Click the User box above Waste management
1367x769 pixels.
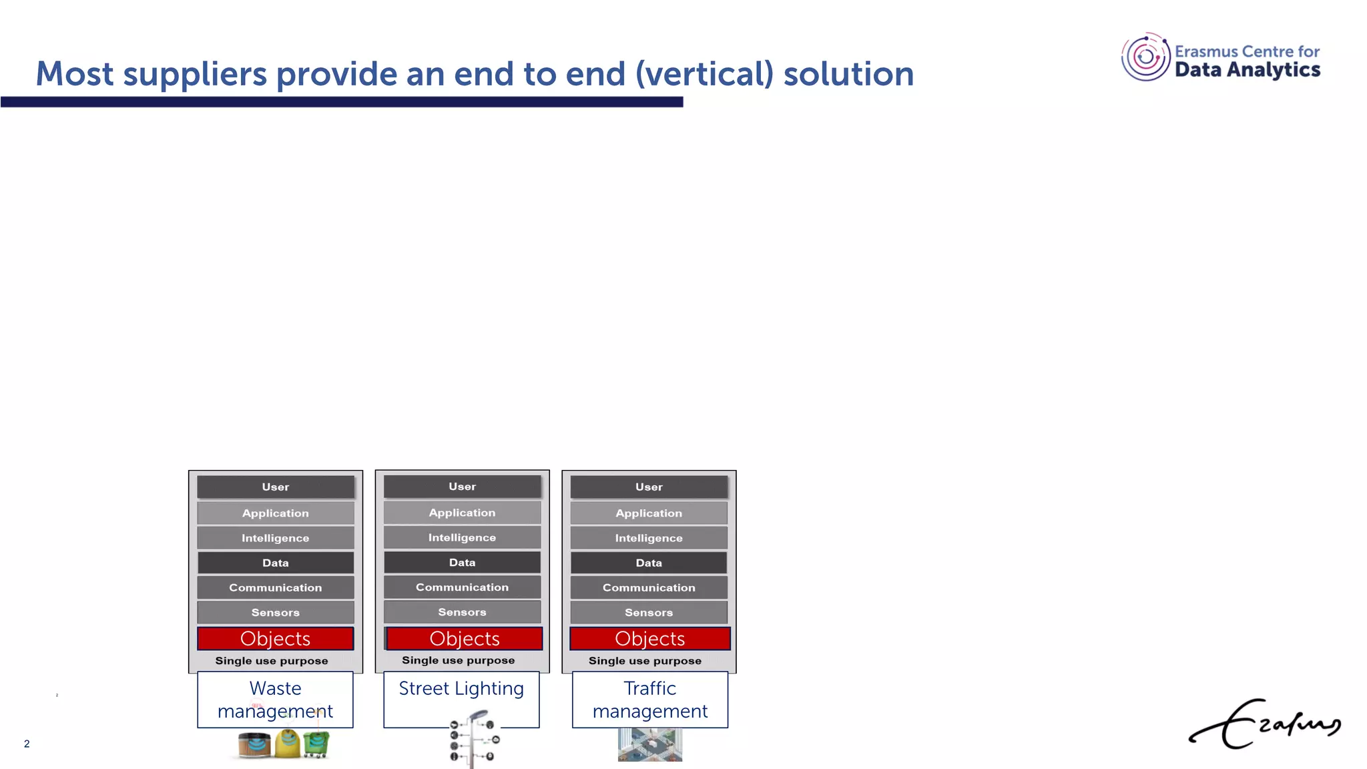click(276, 487)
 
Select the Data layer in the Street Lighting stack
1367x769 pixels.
click(462, 563)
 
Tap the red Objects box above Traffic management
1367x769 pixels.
click(649, 639)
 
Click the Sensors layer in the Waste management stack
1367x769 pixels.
click(276, 613)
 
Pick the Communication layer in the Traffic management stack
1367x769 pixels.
click(649, 587)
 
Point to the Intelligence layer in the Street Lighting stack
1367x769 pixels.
click(462, 537)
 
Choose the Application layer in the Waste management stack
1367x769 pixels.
click(276, 513)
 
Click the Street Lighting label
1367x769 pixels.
click(461, 688)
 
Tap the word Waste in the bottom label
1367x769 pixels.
click(275, 688)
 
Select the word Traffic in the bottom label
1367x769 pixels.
click(649, 688)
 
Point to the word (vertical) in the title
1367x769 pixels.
click(704, 73)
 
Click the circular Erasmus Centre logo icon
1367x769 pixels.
click(1145, 57)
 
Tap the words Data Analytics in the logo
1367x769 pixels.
click(1247, 70)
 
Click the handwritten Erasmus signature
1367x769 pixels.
click(1265, 724)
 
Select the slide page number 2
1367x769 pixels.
click(27, 744)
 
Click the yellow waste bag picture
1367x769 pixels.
click(288, 744)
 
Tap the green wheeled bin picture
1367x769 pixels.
click(316, 744)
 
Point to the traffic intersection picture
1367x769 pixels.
click(649, 745)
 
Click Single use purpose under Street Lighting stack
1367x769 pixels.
click(459, 660)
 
